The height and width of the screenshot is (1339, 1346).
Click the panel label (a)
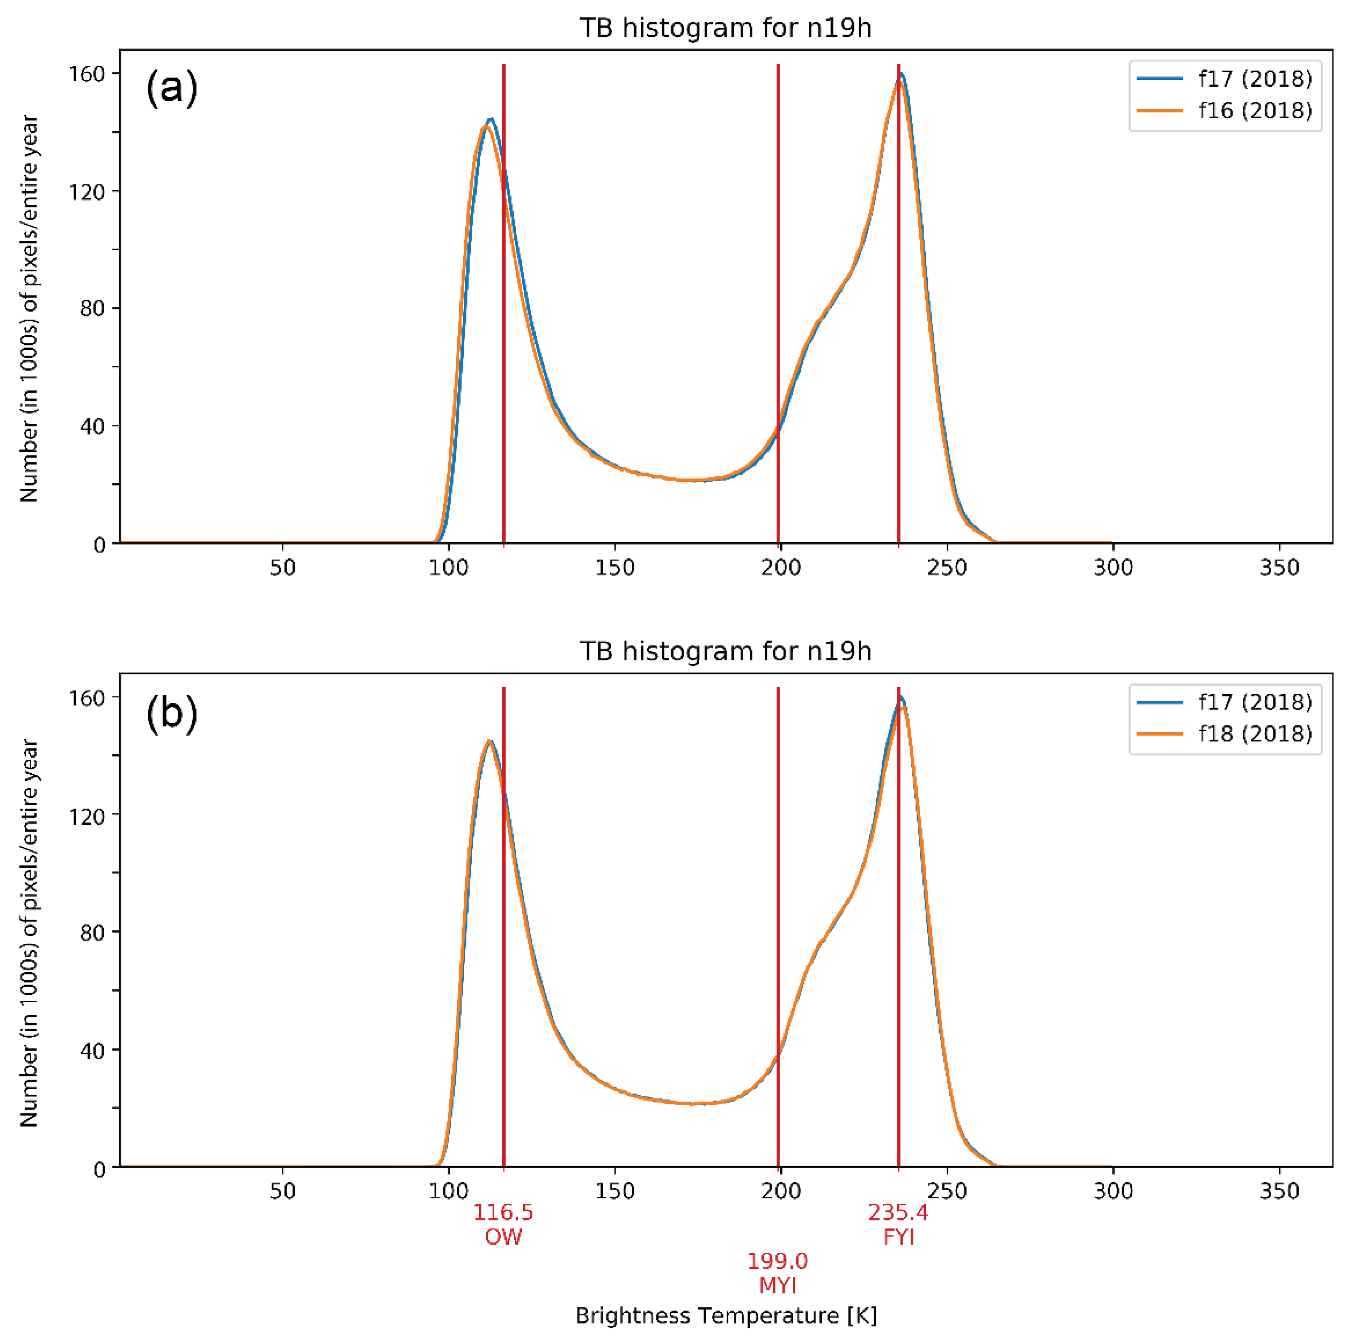pos(171,88)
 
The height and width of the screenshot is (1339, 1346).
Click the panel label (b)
pos(171,713)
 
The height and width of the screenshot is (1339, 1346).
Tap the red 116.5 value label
pos(503,1212)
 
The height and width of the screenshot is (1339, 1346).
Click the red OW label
pos(503,1237)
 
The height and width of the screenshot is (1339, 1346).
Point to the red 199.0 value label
pos(778,1260)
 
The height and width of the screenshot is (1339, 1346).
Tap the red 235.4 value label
pos(898,1212)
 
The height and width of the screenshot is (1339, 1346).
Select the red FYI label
pos(898,1237)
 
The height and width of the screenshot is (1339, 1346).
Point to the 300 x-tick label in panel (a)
pos(1113,567)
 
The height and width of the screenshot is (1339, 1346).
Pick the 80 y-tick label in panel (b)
pos(92,932)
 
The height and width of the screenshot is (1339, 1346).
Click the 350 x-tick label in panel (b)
pos(1279,1191)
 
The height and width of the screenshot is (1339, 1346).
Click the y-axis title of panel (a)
pos(28,308)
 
